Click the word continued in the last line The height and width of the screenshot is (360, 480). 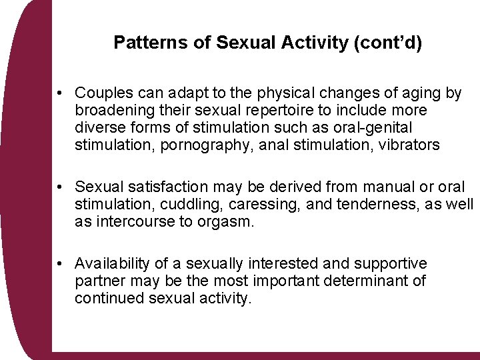tap(106, 299)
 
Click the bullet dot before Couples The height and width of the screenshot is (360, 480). tap(60, 93)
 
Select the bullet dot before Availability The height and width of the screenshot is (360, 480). tap(60, 265)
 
